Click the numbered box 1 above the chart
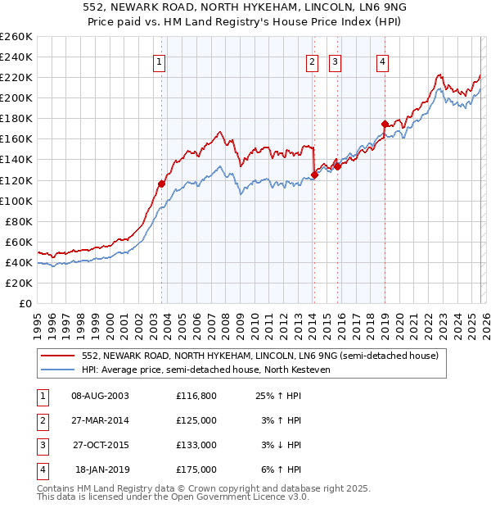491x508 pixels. pyautogui.click(x=160, y=61)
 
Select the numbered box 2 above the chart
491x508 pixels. pyautogui.click(x=313, y=61)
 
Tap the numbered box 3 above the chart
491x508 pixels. pyautogui.click(x=336, y=61)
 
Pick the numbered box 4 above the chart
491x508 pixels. pyautogui.click(x=382, y=61)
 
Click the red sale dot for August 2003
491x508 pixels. pyautogui.click(x=161, y=184)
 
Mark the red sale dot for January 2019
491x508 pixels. pyautogui.click(x=385, y=124)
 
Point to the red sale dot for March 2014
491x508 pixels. pyautogui.click(x=314, y=175)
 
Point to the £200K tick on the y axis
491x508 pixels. pyautogui.click(x=16, y=98)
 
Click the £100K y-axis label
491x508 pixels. pyautogui.click(x=16, y=201)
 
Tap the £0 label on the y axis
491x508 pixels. pyautogui.click(x=25, y=303)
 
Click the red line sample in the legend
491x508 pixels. pyautogui.click(x=59, y=356)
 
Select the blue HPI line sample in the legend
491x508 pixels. pyautogui.click(x=59, y=370)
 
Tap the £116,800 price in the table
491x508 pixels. pyautogui.click(x=196, y=396)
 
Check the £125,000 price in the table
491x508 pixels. pyautogui.click(x=196, y=420)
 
